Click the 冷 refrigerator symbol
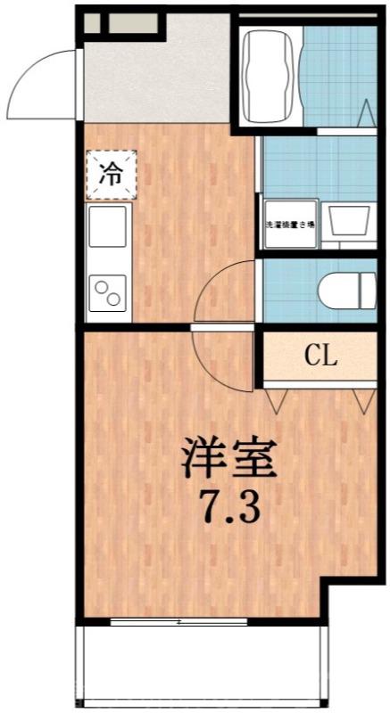(x=112, y=173)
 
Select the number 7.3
(x=228, y=509)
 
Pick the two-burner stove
(x=108, y=293)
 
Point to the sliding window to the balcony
(x=178, y=621)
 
